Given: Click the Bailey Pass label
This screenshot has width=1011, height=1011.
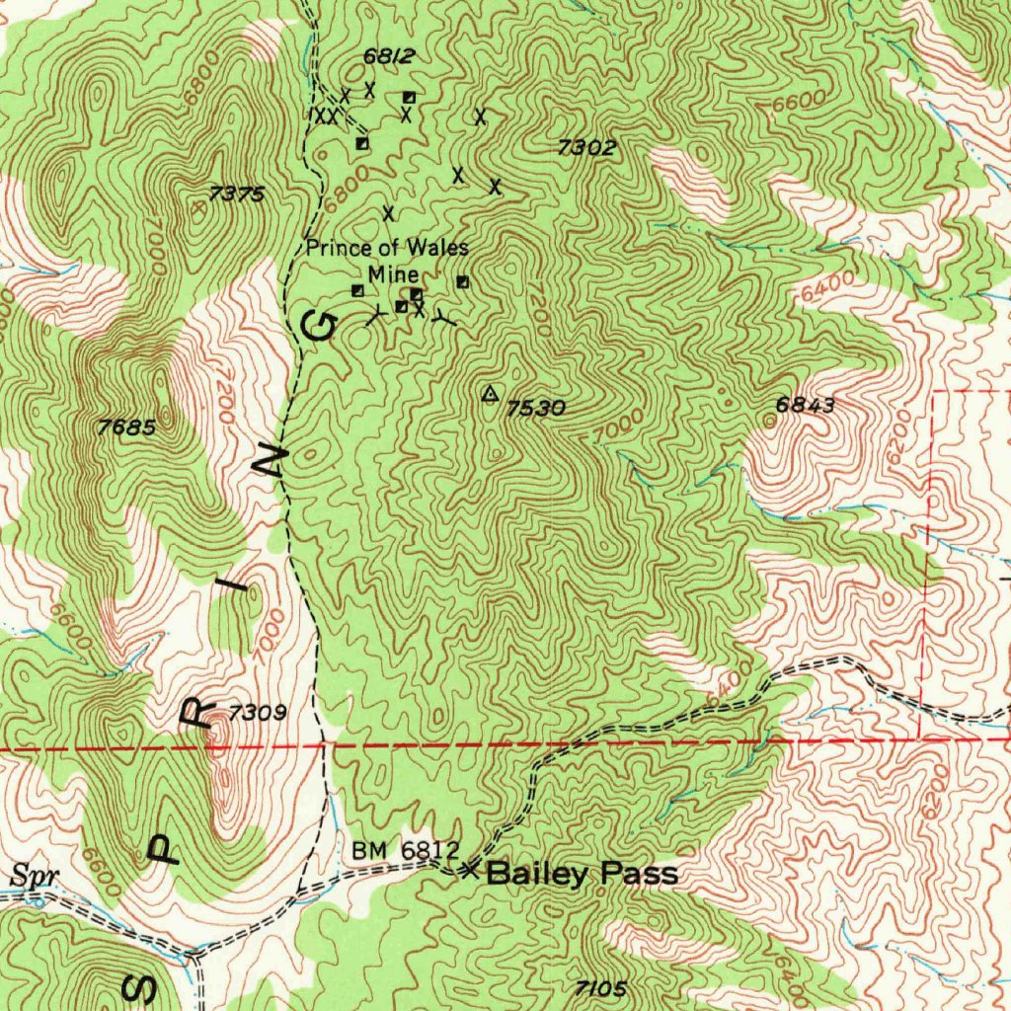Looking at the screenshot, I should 583,873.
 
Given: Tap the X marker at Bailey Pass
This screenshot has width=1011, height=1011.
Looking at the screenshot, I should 470,870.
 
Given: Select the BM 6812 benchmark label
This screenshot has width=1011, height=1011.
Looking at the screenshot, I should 405,850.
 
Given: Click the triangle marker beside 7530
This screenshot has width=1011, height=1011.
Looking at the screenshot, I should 489,394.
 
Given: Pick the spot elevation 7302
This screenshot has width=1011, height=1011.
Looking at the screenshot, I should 586,148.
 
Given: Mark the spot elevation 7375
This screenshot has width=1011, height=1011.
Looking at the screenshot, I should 237,194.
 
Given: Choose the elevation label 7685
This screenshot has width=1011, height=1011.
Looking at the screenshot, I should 127,428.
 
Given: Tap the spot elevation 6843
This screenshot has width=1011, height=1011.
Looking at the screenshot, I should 806,405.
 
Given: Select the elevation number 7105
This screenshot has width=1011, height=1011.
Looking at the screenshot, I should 600,987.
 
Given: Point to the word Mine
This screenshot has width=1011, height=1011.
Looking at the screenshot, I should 394,274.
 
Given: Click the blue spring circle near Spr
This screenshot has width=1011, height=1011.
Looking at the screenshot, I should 38,899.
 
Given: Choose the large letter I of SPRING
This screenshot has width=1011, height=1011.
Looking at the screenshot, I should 237,590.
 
